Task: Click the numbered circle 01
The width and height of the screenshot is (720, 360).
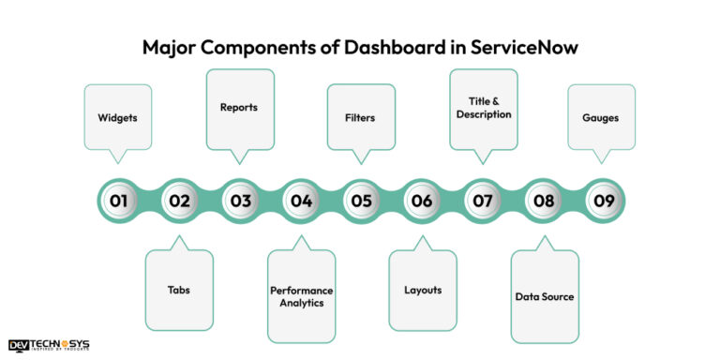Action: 119,200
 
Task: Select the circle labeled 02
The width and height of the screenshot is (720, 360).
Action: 179,200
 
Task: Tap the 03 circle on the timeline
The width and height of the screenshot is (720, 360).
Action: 240,200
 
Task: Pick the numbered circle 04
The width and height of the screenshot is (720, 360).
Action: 300,200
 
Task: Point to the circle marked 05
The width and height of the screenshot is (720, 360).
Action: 361,200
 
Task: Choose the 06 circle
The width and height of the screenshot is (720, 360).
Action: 422,200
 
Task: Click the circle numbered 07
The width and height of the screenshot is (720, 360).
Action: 482,200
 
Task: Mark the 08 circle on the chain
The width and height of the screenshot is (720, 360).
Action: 543,200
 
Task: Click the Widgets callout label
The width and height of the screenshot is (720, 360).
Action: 117,119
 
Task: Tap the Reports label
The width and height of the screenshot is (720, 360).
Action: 239,107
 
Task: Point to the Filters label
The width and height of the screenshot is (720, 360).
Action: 362,119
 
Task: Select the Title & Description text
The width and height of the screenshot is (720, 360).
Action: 484,107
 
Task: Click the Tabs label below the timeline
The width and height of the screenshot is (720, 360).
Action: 178,290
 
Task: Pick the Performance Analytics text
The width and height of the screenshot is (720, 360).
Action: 301,296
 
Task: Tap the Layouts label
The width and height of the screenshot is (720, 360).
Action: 422,290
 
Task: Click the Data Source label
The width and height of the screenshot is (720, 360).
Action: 545,296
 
